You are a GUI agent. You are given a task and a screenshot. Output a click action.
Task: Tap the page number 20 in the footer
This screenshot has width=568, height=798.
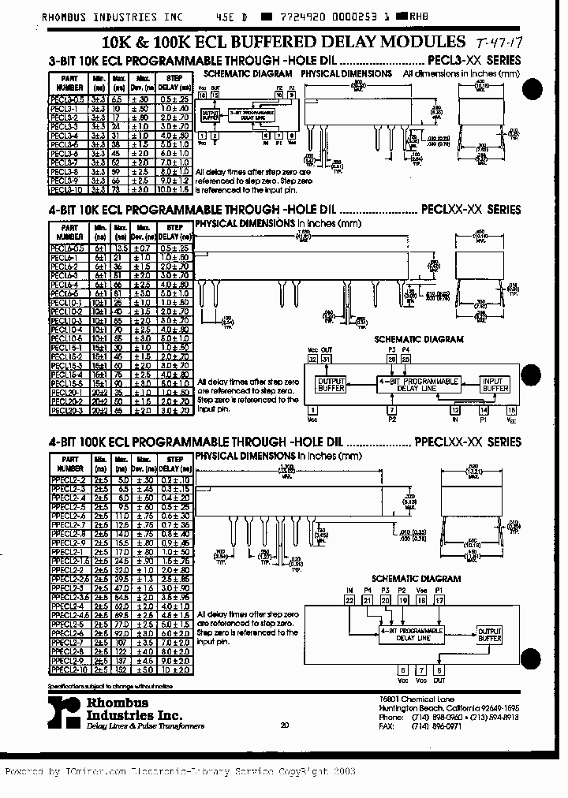284,725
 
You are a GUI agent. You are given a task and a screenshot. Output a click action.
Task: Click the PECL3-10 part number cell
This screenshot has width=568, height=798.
67,190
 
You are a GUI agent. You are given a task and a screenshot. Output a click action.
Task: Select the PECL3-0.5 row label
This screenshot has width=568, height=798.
67,99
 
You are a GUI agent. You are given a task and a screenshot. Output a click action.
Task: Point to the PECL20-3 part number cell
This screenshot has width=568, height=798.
67,410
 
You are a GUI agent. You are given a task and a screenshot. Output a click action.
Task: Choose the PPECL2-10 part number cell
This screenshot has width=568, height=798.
67,669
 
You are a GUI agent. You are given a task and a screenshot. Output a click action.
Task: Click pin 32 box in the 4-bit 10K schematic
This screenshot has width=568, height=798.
312,359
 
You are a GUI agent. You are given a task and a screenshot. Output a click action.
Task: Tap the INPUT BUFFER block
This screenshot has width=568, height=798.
495,385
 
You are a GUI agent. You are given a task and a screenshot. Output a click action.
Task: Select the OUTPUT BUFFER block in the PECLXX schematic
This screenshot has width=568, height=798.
331,385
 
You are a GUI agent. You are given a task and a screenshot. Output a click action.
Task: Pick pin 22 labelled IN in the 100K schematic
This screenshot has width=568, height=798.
349,600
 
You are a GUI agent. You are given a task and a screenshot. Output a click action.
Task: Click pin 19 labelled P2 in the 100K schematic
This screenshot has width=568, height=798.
402,600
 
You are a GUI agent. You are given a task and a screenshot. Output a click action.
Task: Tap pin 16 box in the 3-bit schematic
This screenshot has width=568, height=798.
202,95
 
